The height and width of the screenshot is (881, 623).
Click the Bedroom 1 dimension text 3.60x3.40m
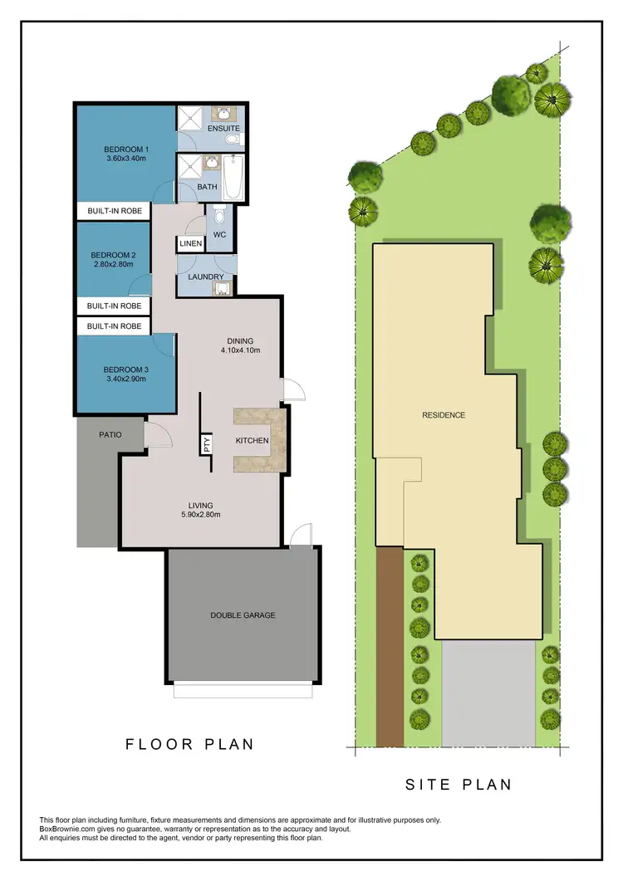pos(125,158)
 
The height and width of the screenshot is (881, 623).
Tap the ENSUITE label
pos(223,129)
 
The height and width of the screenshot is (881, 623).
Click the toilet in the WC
pos(219,218)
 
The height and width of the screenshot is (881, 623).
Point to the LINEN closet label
pos(189,244)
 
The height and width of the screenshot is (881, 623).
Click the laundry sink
pos(220,288)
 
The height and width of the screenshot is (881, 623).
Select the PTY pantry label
pos(205,445)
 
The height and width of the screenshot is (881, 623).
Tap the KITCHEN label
pos(253,440)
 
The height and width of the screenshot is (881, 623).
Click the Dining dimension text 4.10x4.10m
pos(240,350)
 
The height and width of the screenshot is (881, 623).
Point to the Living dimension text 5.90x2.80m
pos(200,515)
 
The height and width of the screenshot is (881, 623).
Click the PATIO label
pos(110,434)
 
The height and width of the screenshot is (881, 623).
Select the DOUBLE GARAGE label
pos(243,615)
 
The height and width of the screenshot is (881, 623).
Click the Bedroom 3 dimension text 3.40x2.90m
pos(125,379)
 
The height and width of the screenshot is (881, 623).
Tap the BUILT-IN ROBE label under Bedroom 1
pos(115,211)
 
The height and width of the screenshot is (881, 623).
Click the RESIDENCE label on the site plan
pos(444,415)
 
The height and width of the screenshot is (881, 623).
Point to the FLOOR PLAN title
pos(190,745)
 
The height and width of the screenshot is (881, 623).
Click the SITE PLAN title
pos(459,784)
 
